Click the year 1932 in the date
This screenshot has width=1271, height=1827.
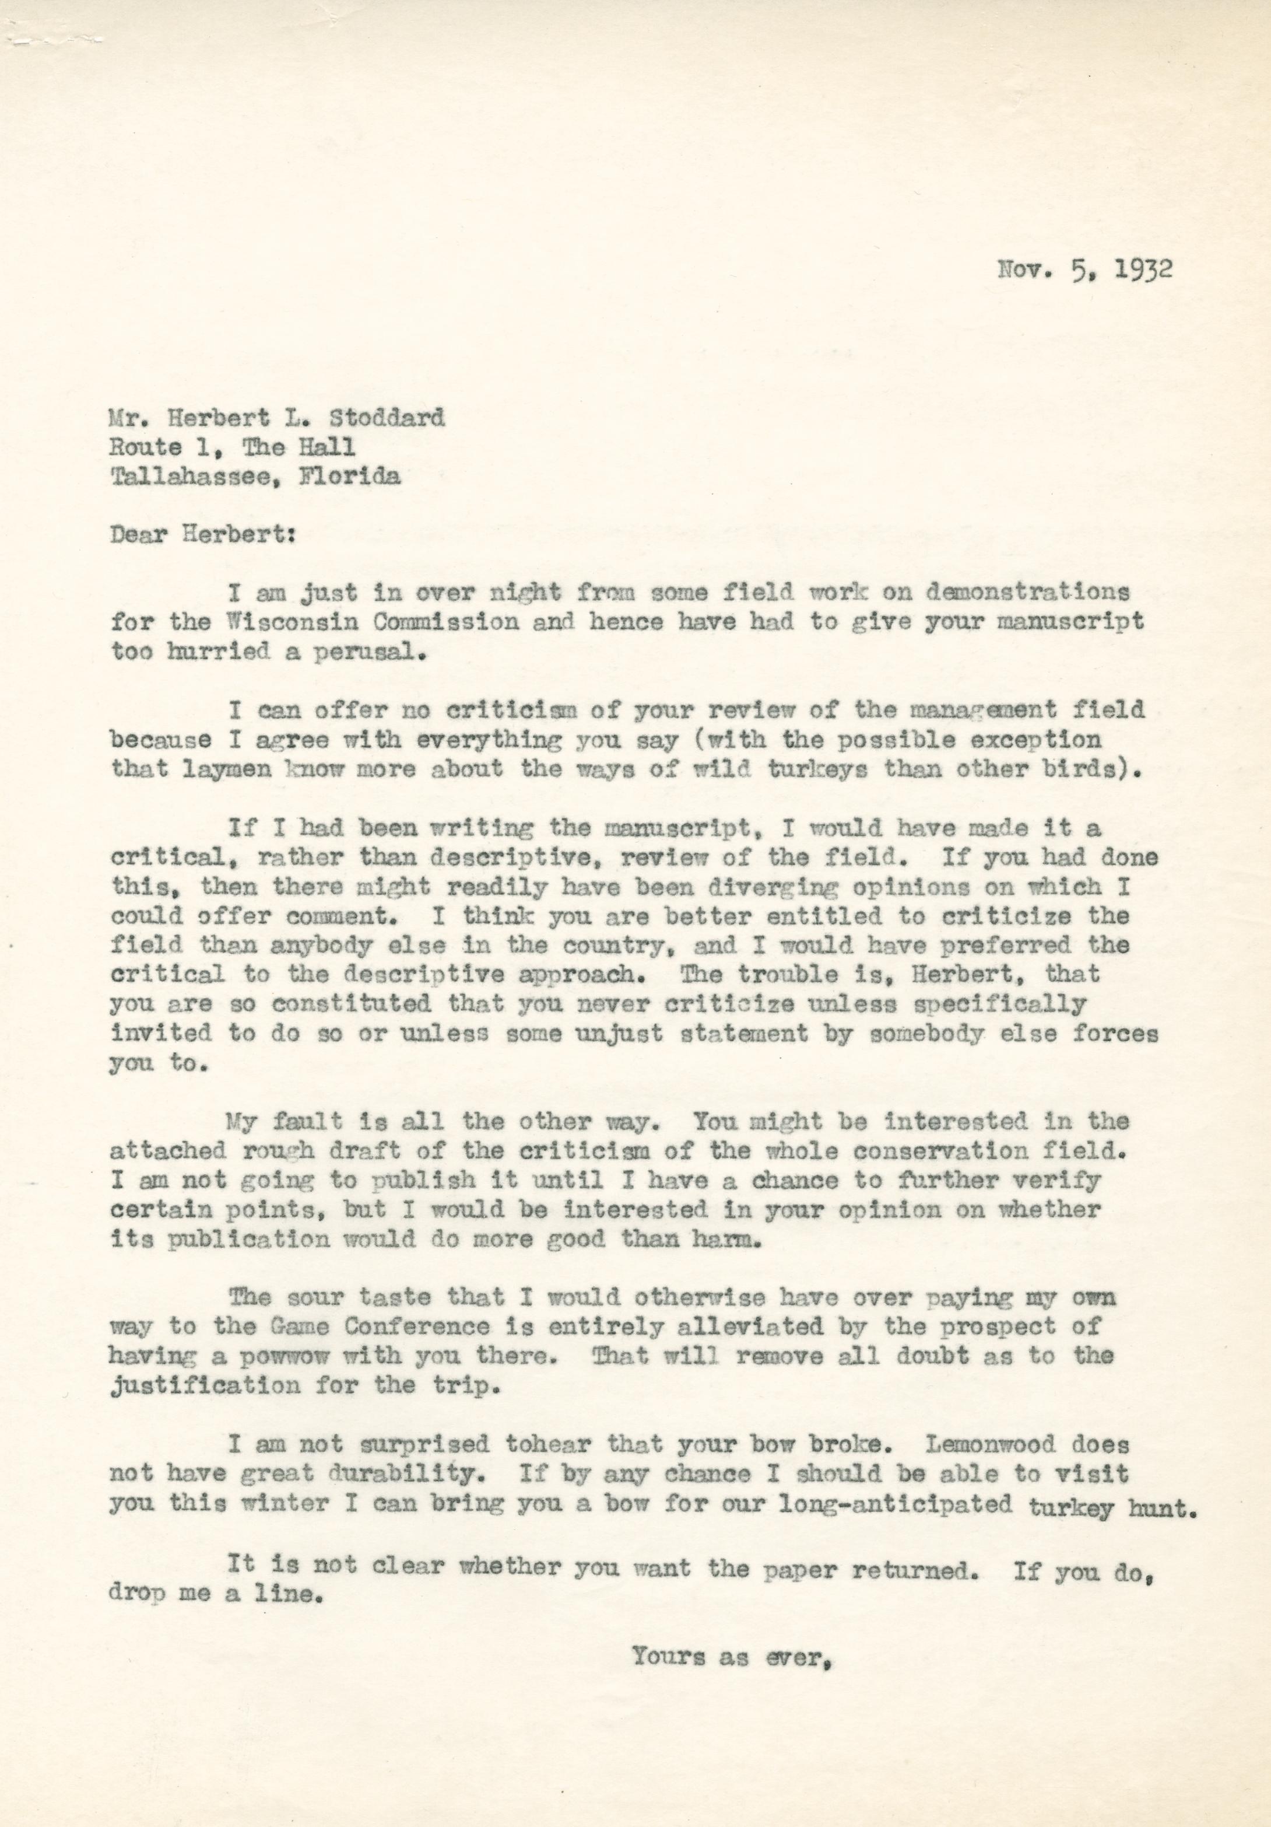pyautogui.click(x=1142, y=269)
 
